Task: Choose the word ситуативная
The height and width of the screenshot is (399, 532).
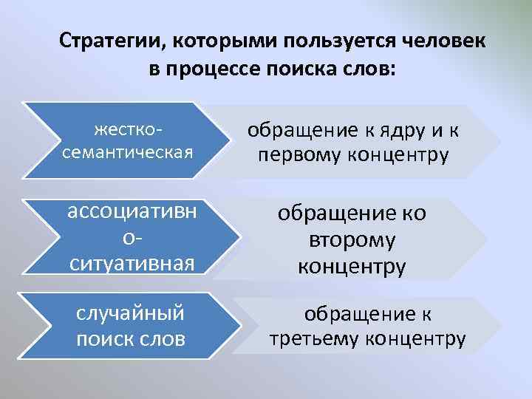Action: coord(132,262)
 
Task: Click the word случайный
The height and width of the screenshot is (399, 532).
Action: coord(130,313)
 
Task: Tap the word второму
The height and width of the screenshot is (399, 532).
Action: coord(352,239)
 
